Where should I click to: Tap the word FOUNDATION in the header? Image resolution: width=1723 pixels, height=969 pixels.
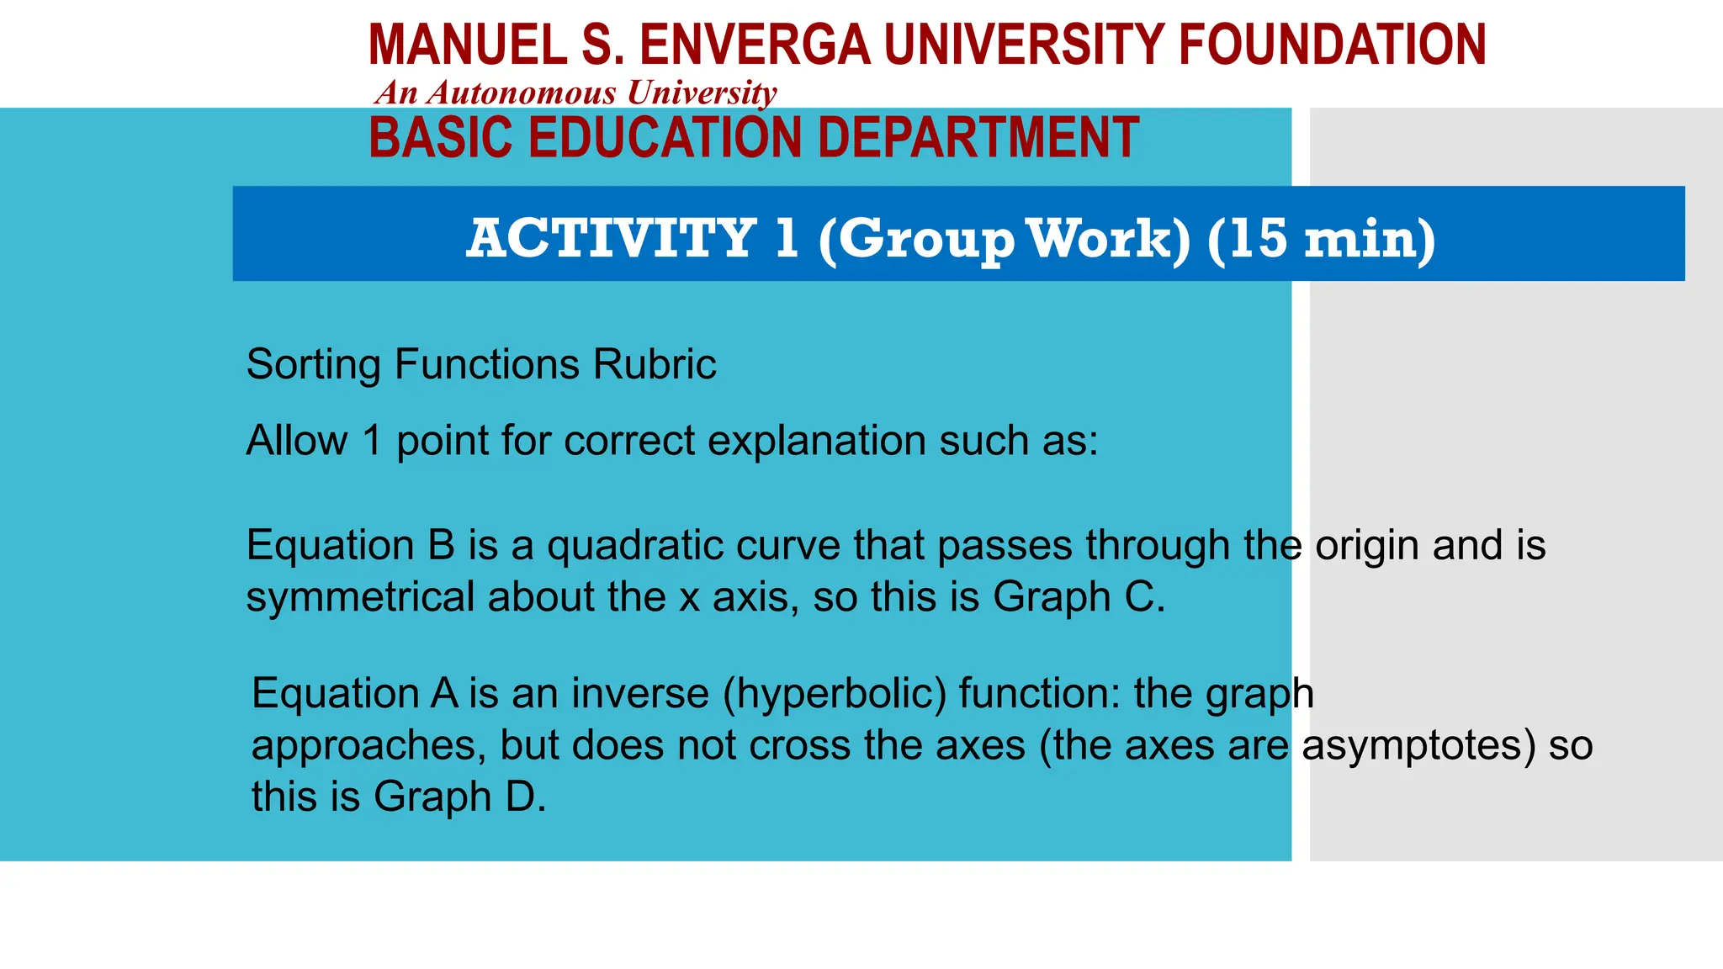[1332, 45]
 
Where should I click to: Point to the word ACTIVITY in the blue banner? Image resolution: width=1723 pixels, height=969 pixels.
[612, 238]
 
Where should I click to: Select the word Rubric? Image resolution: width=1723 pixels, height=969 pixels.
[655, 365]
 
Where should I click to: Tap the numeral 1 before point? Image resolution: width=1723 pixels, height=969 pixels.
[372, 441]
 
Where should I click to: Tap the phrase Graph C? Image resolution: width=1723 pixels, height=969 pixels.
[1079, 597]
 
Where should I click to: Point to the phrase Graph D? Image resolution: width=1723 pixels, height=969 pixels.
[459, 797]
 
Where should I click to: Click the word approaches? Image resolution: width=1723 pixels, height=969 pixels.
[368, 746]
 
